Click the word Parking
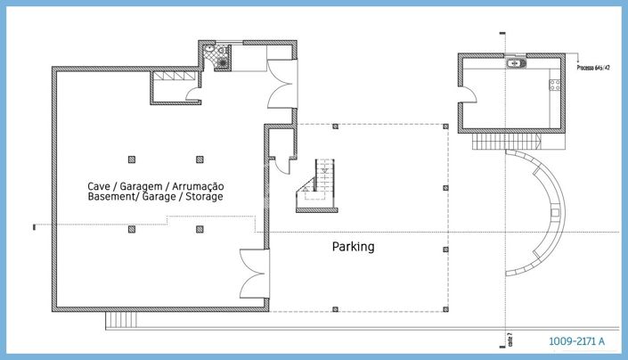353,247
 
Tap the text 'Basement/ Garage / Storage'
155,196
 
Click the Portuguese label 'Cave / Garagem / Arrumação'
155,185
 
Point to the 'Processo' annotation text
591,68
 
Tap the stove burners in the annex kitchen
554,86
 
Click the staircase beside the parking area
319,184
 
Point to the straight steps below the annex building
506,141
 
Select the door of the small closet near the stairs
283,164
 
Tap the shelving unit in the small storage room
167,78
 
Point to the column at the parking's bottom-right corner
444,311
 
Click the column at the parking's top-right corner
444,127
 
